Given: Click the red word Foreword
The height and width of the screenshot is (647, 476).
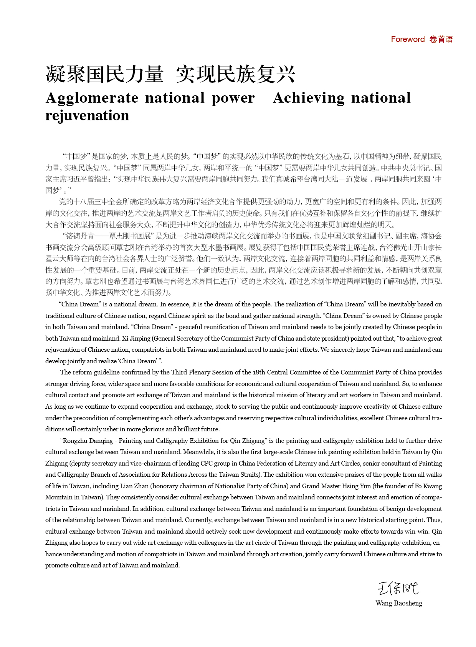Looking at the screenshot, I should tap(408, 39).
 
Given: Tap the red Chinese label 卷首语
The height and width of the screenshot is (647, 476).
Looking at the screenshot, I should tap(441, 39).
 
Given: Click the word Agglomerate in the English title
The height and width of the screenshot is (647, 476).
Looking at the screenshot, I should tap(92, 98).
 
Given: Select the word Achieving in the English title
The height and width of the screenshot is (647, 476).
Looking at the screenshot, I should tap(309, 98).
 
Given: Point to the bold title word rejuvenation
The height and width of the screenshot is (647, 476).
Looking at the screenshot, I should tap(87, 115).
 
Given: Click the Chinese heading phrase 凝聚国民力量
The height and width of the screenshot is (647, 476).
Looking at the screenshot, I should tap(104, 74).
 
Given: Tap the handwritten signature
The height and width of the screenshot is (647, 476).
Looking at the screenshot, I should tap(398, 588).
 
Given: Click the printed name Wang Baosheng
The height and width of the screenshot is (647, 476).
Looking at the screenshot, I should tap(399, 603).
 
